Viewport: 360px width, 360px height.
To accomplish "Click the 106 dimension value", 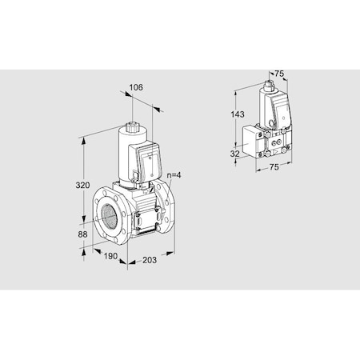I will tap(136, 88).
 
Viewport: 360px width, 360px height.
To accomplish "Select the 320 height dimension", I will tap(94, 186).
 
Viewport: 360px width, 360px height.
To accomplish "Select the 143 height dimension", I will tap(238, 115).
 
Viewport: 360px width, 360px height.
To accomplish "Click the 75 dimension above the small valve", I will tap(279, 74).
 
